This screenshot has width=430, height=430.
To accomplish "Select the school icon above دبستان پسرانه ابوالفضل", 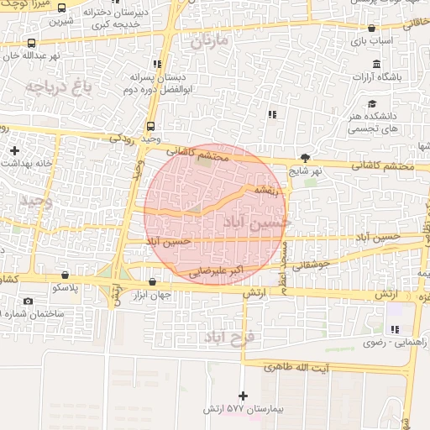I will pyautogui.click(x=157, y=63).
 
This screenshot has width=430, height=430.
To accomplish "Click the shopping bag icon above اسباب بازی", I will pyautogui.click(x=371, y=28).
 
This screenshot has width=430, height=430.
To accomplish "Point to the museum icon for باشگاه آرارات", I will pyautogui.click(x=375, y=64).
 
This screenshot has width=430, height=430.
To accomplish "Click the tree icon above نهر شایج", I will pyautogui.click(x=306, y=157).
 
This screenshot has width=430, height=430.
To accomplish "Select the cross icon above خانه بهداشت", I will pyautogui.click(x=14, y=150).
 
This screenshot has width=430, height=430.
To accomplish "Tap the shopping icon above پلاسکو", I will pyautogui.click(x=63, y=274).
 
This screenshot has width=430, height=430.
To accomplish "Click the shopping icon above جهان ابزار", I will pyautogui.click(x=151, y=282).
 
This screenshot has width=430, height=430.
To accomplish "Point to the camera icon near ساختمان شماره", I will pyautogui.click(x=29, y=301).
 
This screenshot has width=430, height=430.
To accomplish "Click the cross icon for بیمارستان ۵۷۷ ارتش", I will pyautogui.click(x=243, y=395).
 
